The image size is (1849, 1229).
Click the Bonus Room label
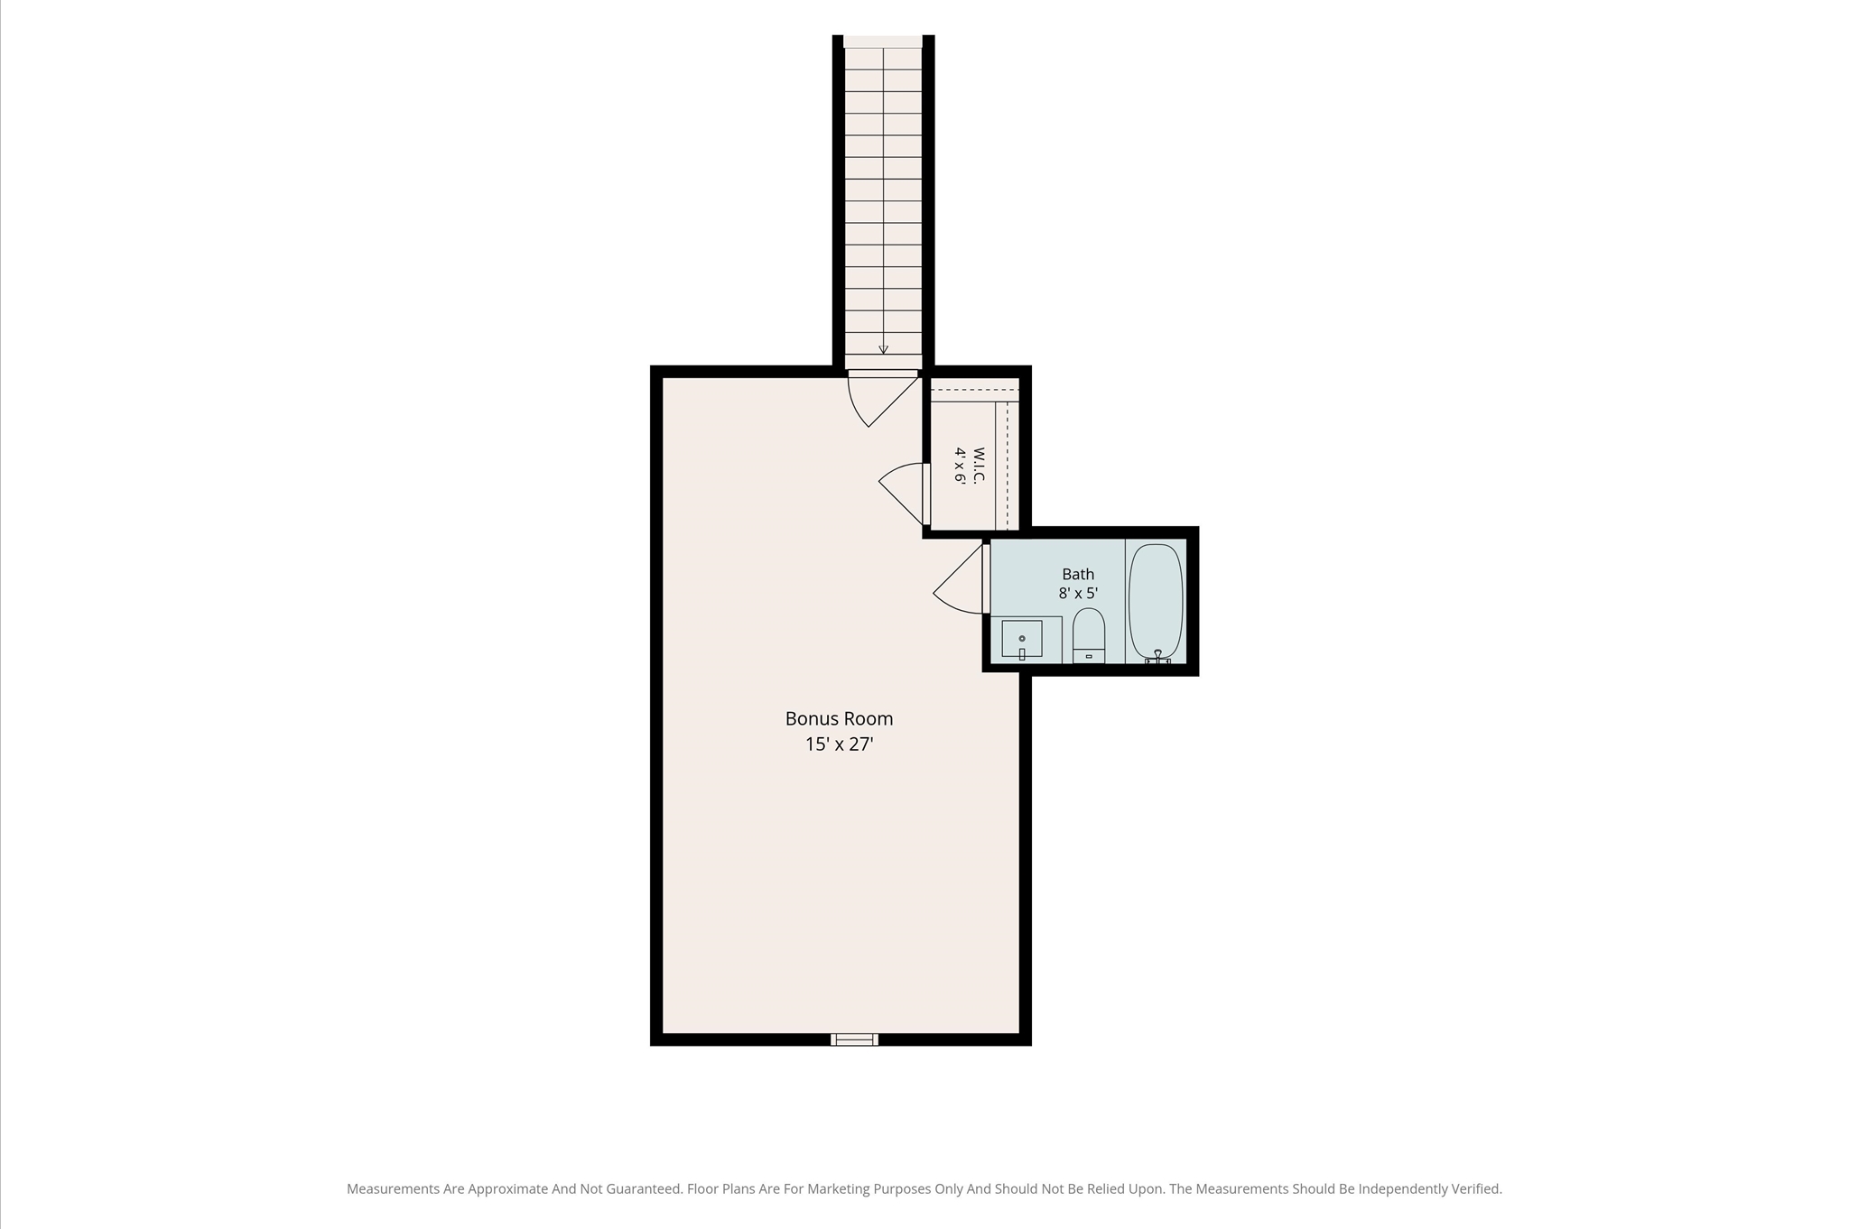click(x=839, y=719)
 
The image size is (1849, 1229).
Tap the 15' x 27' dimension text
click(x=840, y=744)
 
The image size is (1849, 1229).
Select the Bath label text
click(x=1078, y=574)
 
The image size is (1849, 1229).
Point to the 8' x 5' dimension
click(x=1078, y=594)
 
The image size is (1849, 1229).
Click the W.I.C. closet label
click(x=979, y=465)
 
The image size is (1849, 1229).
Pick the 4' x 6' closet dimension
click(x=960, y=466)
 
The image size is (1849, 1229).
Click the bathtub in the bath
click(x=1156, y=601)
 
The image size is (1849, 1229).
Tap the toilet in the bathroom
click(x=1089, y=635)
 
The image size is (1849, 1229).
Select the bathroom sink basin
click(x=1022, y=638)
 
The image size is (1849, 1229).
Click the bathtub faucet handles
click(x=1157, y=658)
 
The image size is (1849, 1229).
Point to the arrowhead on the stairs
click(x=883, y=349)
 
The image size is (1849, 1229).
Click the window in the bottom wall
click(x=854, y=1040)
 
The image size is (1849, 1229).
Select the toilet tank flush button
click(x=1089, y=656)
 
